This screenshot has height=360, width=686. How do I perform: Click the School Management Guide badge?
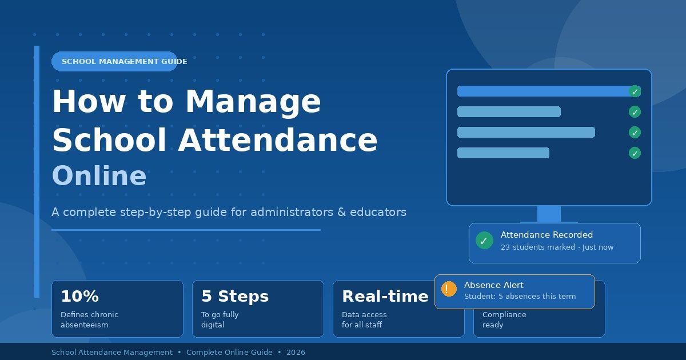[114, 61]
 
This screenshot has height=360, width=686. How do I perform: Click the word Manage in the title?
[253, 101]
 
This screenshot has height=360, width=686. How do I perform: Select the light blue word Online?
[99, 177]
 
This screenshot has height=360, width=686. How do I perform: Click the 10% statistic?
[79, 297]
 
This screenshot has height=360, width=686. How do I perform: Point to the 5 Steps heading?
[234, 297]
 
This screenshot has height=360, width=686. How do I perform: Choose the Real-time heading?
[385, 297]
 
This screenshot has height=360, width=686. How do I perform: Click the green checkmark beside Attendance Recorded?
[484, 241]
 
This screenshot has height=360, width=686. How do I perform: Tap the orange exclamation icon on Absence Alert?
[449, 289]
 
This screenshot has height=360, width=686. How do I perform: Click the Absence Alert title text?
[493, 285]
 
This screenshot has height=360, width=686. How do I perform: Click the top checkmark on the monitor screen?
[635, 91]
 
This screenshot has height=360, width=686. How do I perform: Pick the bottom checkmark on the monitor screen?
[635, 153]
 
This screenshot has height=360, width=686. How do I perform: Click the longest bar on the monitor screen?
[543, 91]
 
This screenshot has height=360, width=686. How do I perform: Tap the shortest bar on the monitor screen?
[503, 153]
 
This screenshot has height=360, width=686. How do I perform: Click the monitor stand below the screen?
[549, 214]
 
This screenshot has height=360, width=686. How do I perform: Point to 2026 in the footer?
[296, 353]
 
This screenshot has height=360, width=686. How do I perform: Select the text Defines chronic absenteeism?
[89, 319]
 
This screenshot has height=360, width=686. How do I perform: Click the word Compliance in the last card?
[504, 315]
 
